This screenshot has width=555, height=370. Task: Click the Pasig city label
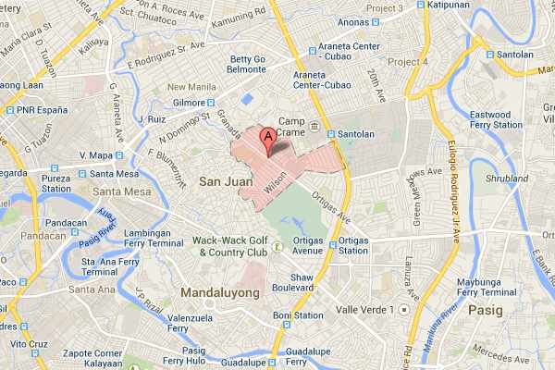coord(485,309)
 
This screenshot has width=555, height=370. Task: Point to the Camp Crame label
coord(292,127)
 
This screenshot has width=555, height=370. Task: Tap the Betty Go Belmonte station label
coord(248,66)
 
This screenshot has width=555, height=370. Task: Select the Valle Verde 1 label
coord(365,309)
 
